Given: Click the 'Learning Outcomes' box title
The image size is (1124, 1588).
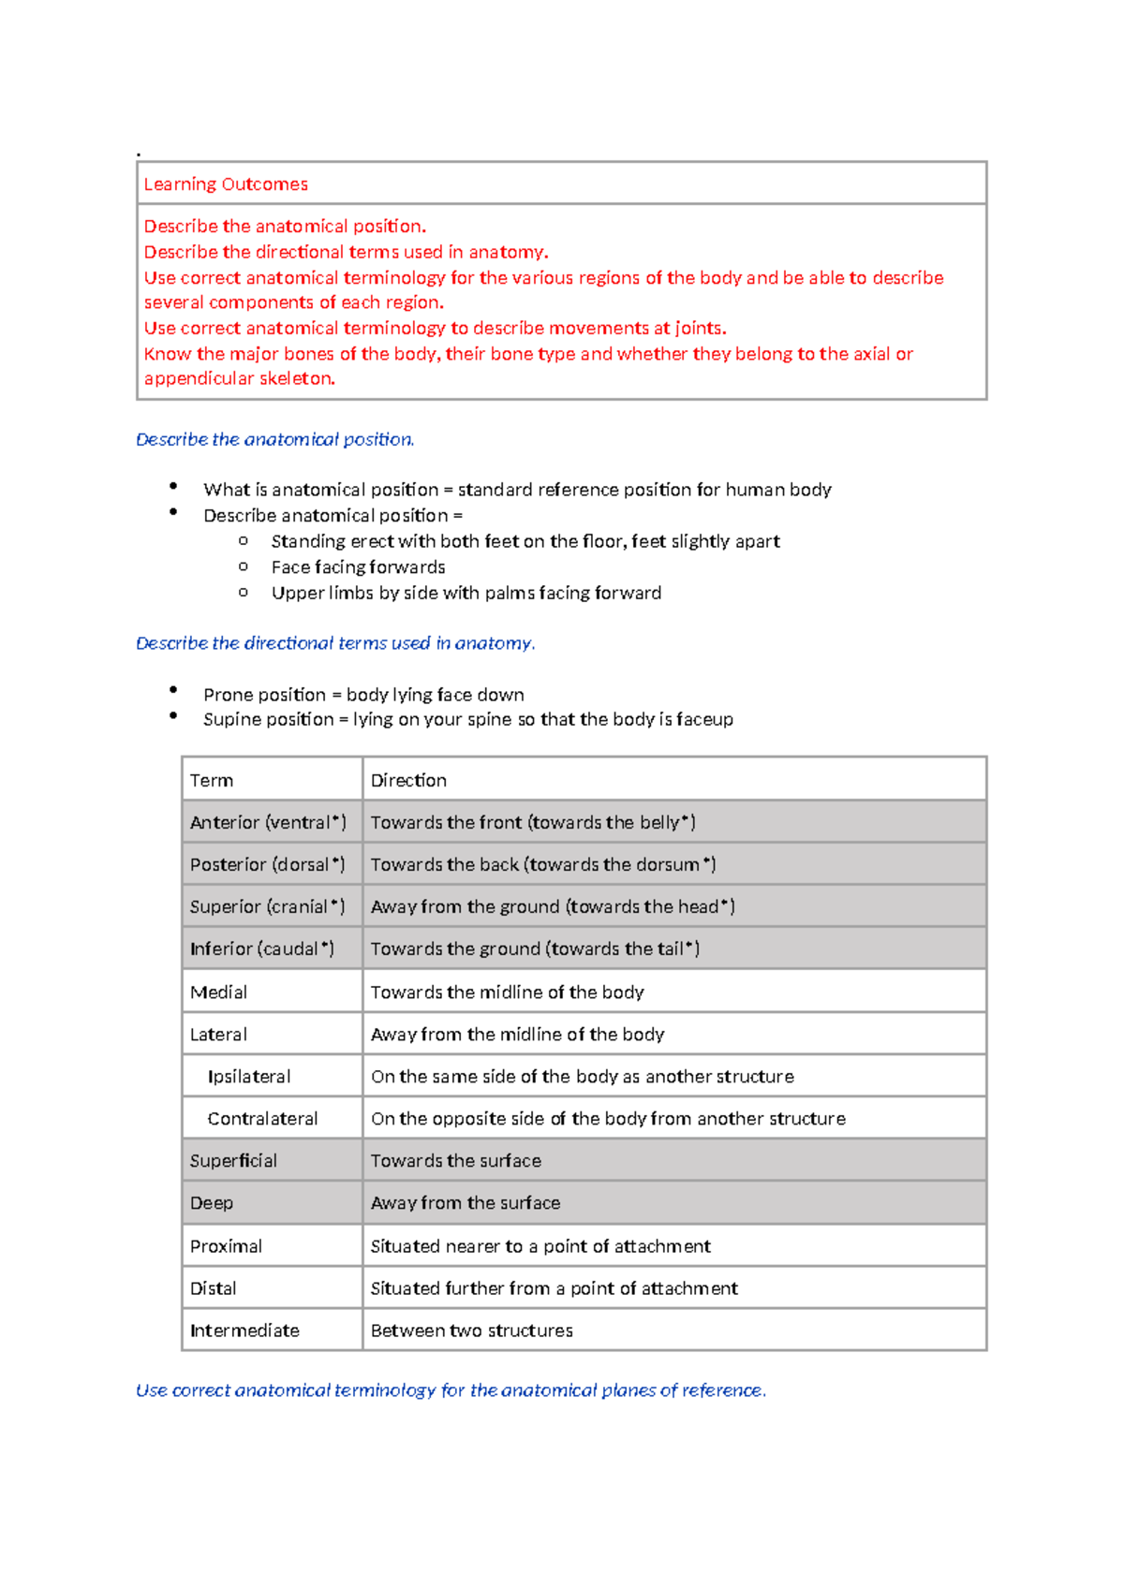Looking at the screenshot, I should click(x=226, y=184).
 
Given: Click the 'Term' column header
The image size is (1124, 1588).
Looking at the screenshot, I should click(x=212, y=780).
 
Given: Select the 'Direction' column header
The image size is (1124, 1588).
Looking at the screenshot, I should click(x=408, y=780).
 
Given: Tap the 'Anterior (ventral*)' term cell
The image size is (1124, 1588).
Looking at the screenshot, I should click(x=268, y=822).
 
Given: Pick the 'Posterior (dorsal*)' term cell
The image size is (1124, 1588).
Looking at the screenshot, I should click(x=267, y=864).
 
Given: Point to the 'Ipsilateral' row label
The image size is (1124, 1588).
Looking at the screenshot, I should click(x=249, y=1077).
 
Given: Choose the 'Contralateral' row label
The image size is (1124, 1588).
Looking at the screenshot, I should click(x=262, y=1119).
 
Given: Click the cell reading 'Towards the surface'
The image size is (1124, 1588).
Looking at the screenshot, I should click(x=456, y=1161).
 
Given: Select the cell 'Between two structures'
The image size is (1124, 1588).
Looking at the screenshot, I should click(x=471, y=1331).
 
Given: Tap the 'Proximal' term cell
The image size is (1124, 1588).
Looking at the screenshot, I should click(x=226, y=1246).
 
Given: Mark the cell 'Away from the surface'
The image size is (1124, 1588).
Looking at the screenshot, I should click(x=466, y=1203).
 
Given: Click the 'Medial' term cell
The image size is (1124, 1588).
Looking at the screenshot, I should click(x=218, y=992).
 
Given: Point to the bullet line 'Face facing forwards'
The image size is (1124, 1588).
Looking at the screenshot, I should click(x=358, y=567).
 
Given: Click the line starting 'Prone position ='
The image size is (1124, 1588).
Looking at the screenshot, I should click(x=363, y=695).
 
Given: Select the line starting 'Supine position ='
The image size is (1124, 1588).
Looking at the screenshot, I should click(x=467, y=719).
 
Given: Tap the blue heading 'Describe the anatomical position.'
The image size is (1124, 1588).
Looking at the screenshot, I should click(x=274, y=439).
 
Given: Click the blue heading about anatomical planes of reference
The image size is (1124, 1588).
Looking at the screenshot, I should click(x=451, y=1390).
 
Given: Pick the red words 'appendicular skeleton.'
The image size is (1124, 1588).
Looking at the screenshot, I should click(x=240, y=378).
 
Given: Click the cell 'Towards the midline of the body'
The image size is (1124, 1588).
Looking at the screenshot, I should click(x=507, y=992).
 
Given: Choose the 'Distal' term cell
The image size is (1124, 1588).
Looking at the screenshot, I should click(x=214, y=1288).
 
